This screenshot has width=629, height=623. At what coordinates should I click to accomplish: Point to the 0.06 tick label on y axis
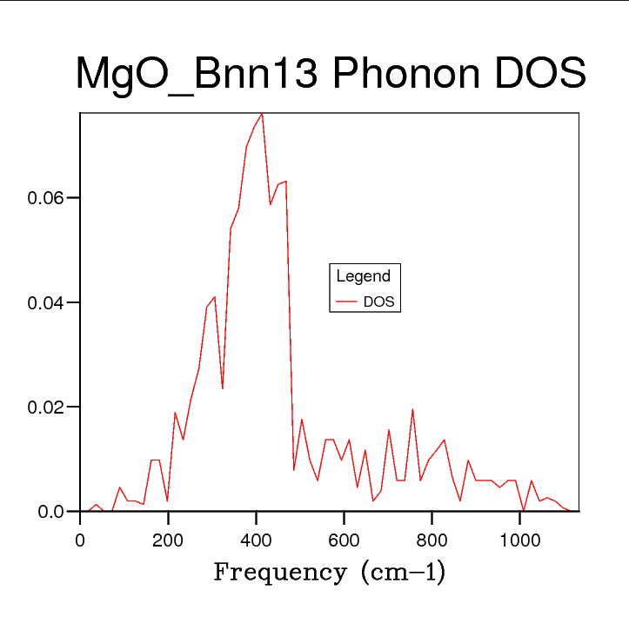tap(44, 198)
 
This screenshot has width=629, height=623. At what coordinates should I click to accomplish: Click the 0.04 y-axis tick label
tap(44, 303)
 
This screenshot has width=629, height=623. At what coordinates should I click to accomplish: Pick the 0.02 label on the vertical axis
tap(44, 408)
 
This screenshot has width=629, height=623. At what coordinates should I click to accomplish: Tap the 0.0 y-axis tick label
tap(51, 512)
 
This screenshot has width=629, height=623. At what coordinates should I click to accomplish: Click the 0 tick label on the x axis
tap(80, 538)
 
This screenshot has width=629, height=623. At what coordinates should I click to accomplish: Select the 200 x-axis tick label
tap(168, 538)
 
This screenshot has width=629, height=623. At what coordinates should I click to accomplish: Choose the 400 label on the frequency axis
tap(256, 538)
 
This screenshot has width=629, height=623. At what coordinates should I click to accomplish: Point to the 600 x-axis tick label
tap(344, 538)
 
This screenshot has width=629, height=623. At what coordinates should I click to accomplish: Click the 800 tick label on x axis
tap(432, 538)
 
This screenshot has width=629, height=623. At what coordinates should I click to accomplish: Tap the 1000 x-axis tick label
tap(519, 538)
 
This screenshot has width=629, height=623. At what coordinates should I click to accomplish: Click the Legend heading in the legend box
tap(364, 277)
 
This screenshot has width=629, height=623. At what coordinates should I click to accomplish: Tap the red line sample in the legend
tap(347, 302)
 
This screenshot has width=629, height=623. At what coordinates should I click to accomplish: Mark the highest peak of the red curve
tap(262, 114)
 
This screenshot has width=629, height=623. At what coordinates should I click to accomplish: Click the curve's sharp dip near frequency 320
tap(223, 388)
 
